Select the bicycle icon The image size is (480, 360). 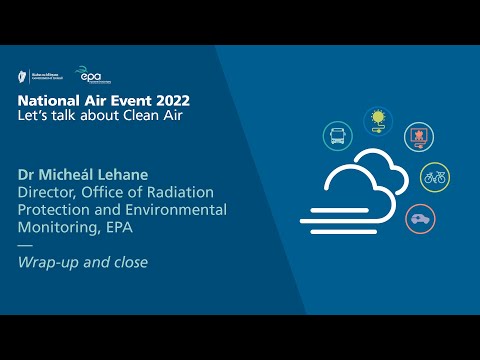point(435,177)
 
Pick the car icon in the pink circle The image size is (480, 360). point(420,218)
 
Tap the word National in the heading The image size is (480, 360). point(44,101)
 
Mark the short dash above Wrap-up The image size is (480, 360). point(25,245)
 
